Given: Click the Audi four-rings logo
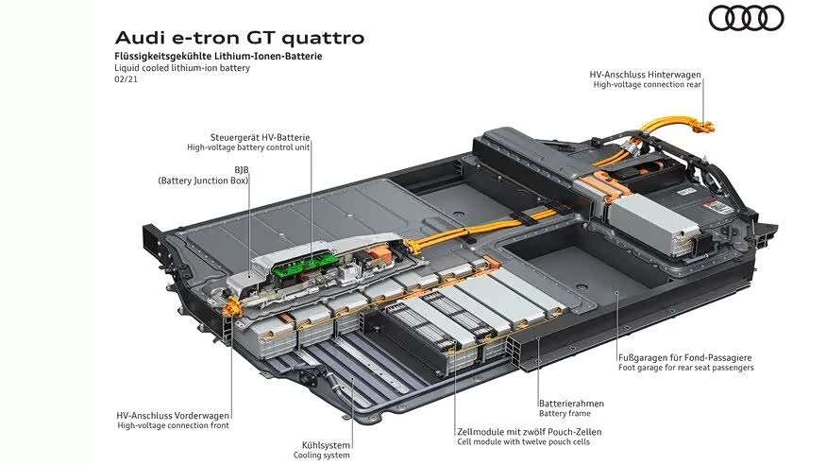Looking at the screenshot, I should click(x=746, y=18).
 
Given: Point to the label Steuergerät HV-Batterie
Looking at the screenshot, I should click(x=260, y=137).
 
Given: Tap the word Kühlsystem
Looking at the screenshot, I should click(x=327, y=444).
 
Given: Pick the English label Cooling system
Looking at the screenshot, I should click(x=322, y=455).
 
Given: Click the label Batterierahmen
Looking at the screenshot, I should click(x=571, y=404).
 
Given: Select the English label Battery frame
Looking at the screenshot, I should click(x=565, y=414).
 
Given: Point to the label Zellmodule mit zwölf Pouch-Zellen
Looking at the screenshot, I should click(x=529, y=432).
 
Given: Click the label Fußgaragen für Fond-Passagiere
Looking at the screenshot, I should click(x=685, y=357).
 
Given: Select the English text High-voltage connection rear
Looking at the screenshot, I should click(x=647, y=84).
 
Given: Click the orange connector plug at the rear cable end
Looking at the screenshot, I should click(x=701, y=125).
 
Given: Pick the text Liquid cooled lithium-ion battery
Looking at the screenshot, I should click(x=182, y=68).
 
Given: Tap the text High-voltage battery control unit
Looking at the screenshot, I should click(x=248, y=147).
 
